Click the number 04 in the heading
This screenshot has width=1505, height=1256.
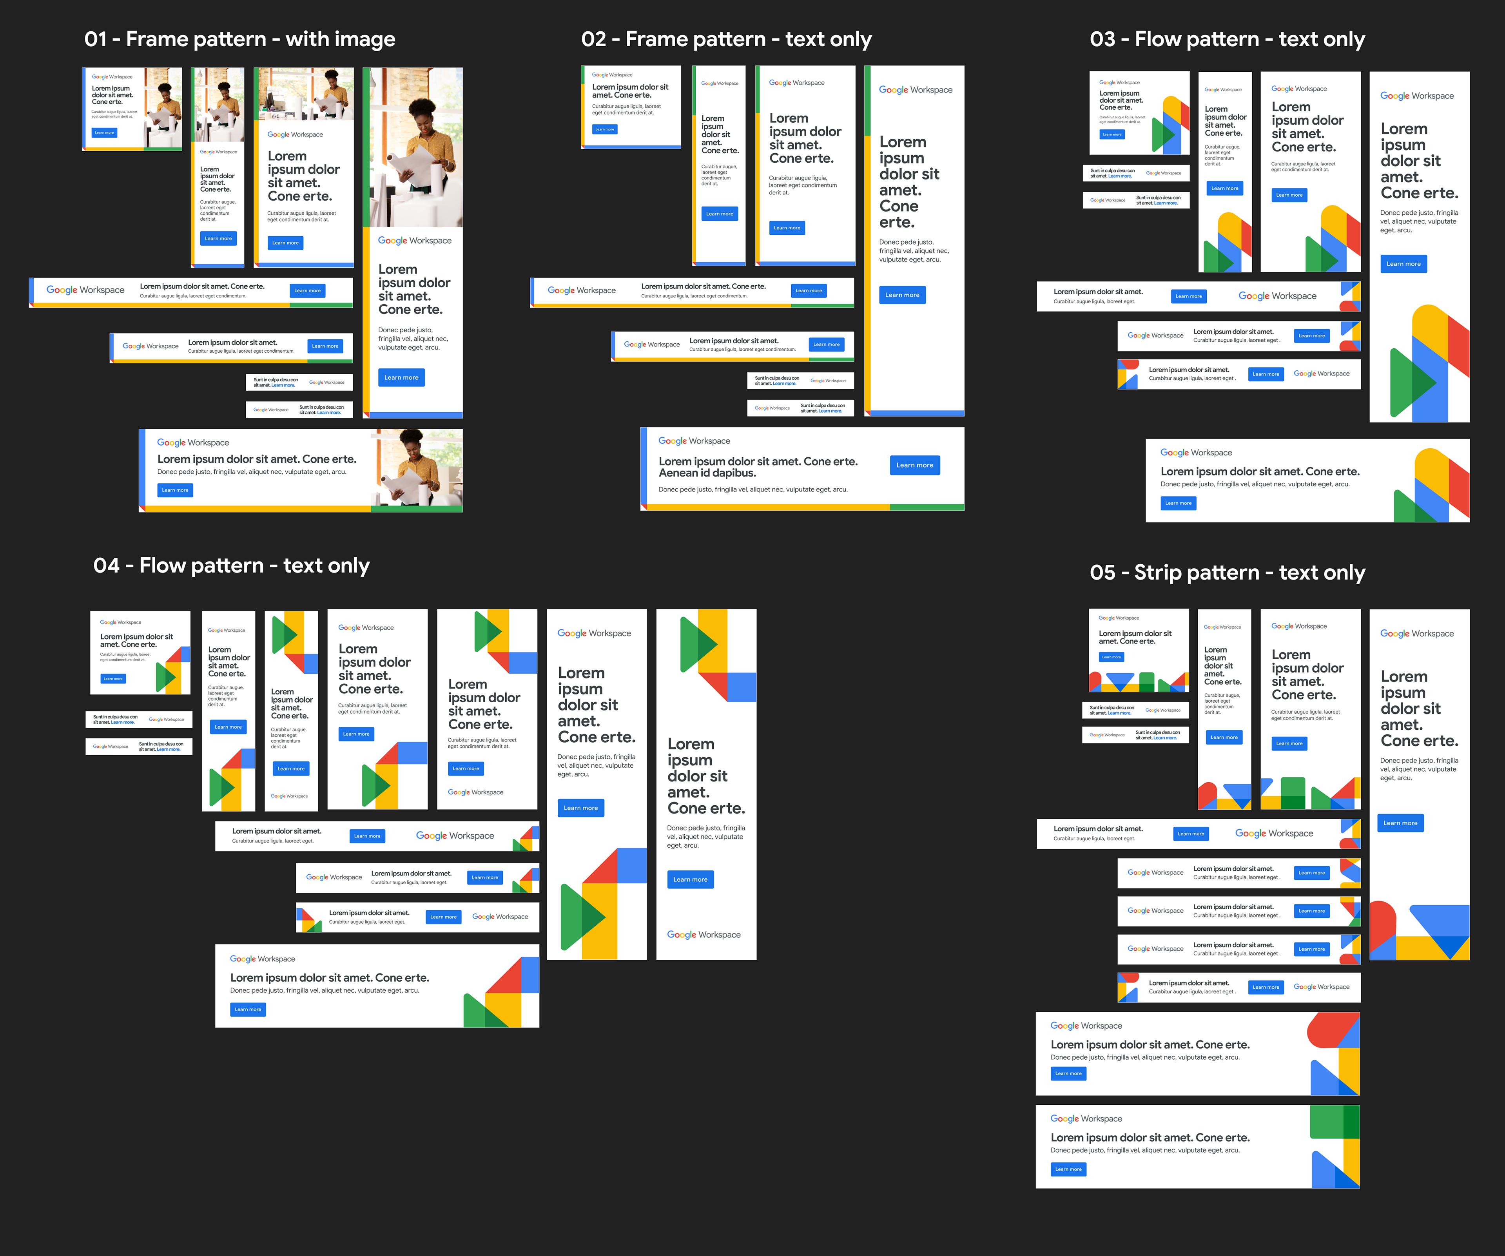tap(106, 566)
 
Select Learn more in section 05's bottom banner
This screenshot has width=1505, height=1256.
tap(1068, 1169)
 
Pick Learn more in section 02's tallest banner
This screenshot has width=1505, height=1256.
tap(901, 295)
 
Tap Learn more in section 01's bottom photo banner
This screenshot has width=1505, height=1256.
tap(175, 490)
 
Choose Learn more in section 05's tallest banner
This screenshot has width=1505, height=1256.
tap(1400, 823)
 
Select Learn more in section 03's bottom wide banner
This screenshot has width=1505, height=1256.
tap(1178, 503)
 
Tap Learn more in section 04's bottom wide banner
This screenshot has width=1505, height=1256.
tap(247, 1010)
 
